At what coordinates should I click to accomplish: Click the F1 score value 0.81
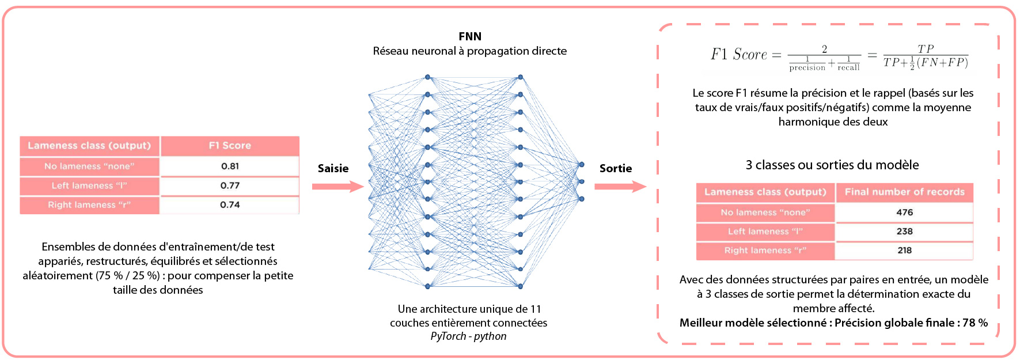click(x=230, y=166)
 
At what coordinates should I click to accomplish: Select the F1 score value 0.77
click(x=230, y=185)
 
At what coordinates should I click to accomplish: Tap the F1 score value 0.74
click(x=230, y=204)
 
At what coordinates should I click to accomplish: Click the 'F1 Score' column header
click(x=230, y=146)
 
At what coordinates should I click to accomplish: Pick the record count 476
click(x=904, y=213)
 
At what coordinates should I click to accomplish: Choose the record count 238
click(x=904, y=232)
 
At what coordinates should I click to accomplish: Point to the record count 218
click(x=904, y=251)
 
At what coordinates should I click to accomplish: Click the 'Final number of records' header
click(x=904, y=192)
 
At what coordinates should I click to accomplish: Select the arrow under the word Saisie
click(x=338, y=187)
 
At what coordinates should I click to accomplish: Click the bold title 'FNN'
click(x=470, y=36)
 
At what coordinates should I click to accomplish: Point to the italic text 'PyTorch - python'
click(x=468, y=336)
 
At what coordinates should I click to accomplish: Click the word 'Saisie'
click(x=333, y=168)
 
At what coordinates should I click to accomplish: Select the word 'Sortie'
click(x=616, y=168)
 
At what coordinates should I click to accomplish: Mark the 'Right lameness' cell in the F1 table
click(x=89, y=204)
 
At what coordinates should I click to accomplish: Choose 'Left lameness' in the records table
click(x=765, y=232)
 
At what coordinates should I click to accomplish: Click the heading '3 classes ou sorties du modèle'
click(x=832, y=165)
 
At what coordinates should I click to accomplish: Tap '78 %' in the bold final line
click(x=975, y=323)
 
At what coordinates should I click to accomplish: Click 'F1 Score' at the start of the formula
click(x=739, y=55)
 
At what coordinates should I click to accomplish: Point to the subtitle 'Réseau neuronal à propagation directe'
click(x=469, y=51)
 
